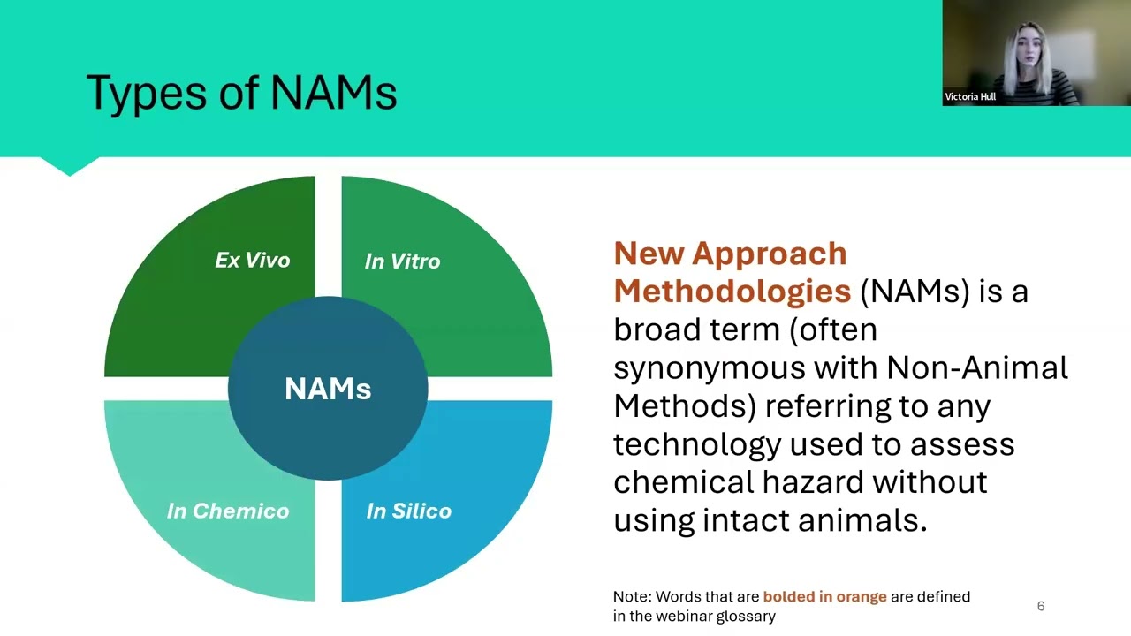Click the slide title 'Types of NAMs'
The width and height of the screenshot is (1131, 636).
click(x=241, y=93)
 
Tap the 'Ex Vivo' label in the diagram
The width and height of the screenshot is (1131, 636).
click(x=252, y=261)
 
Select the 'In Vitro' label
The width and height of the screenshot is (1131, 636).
click(x=402, y=261)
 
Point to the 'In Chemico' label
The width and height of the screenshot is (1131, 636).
click(x=228, y=511)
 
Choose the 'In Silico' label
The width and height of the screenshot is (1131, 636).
click(x=408, y=511)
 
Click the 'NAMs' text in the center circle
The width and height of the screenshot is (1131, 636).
click(x=328, y=389)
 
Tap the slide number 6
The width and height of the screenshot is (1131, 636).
click(x=1040, y=606)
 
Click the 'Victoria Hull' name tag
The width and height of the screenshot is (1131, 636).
click(x=970, y=97)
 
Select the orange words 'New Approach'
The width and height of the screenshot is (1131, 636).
click(x=730, y=254)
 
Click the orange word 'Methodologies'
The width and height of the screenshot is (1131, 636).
click(x=732, y=291)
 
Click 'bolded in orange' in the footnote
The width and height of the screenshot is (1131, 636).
click(x=824, y=596)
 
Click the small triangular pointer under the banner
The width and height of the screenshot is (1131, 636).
click(x=70, y=167)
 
